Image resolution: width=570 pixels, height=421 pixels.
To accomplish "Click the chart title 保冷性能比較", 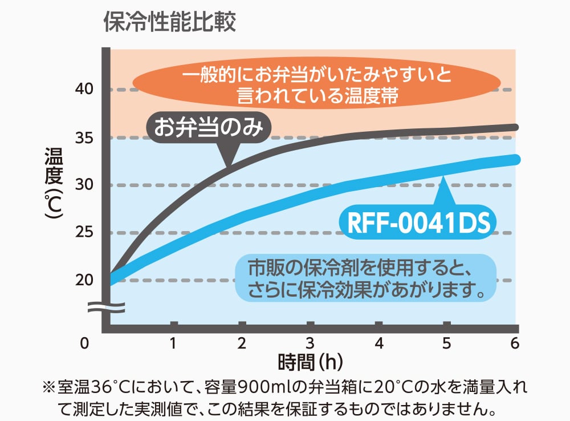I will tap(169, 23).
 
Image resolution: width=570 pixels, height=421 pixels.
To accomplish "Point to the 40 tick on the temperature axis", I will tap(84, 90).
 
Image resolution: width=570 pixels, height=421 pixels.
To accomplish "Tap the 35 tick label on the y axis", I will tap(84, 137).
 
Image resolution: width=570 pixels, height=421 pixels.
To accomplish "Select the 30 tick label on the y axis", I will tap(84, 185).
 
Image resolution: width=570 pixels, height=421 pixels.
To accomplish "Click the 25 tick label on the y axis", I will tap(84, 233).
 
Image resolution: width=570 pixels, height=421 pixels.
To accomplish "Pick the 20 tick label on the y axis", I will tap(84, 280).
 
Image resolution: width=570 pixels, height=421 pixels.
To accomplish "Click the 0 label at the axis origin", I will tap(84, 343).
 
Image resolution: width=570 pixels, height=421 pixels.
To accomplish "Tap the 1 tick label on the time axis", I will tap(173, 343).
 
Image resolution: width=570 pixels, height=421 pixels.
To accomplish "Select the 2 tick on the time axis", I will tap(242, 343).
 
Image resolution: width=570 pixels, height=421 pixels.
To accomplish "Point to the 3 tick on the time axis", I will tap(310, 343).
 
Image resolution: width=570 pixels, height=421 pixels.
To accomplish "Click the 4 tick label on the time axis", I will tap(378, 343).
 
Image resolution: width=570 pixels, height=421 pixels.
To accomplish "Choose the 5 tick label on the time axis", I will tap(447, 343).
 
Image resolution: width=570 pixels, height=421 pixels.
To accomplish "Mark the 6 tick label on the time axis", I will tap(515, 343).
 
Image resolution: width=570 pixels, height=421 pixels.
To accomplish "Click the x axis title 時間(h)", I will tap(310, 362).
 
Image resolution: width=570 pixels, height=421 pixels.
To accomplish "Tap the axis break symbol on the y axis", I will tap(106, 308).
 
